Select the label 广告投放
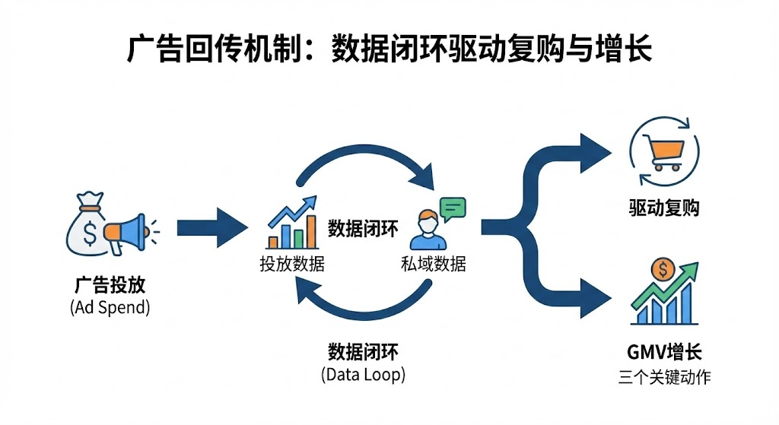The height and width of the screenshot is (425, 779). click(x=110, y=287)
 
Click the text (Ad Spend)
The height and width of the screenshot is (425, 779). click(x=110, y=308)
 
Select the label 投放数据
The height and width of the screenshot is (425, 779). click(x=291, y=265)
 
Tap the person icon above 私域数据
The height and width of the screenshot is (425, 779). click(x=425, y=233)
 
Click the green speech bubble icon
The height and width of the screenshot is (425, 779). click(x=452, y=208)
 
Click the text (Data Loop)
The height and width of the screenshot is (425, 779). click(x=364, y=374)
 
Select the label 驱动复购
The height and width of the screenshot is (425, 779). click(x=665, y=208)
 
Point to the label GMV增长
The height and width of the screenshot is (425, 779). click(x=664, y=352)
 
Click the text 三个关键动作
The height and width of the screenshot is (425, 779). click(x=664, y=376)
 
